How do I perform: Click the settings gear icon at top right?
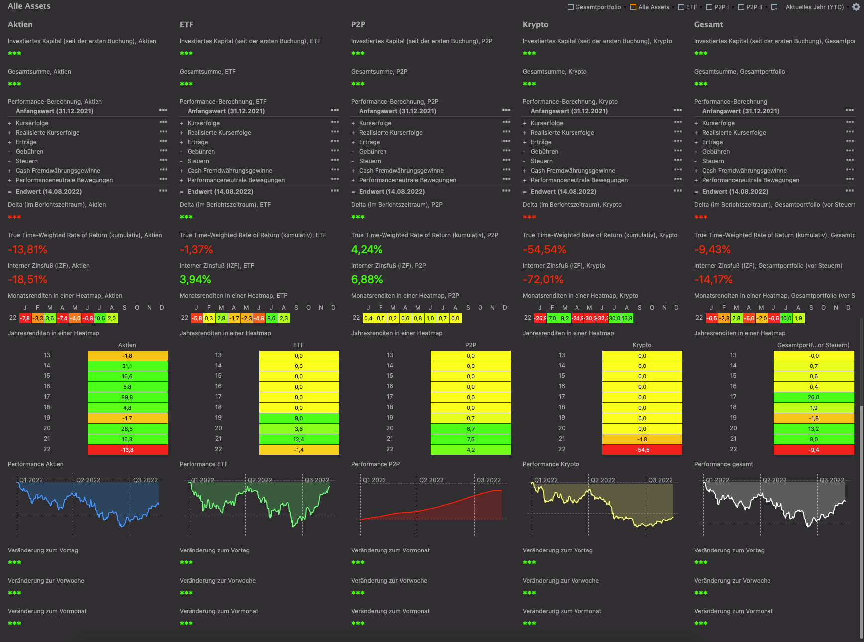tap(856, 7)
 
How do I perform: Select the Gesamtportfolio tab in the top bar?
tap(597, 7)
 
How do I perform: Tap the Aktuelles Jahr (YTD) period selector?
tap(814, 7)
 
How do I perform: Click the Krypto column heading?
tap(535, 25)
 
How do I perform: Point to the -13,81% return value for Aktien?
tap(28, 250)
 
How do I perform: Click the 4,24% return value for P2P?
tap(367, 250)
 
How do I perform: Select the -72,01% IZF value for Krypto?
tap(543, 280)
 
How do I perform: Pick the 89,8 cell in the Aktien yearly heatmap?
tap(127, 397)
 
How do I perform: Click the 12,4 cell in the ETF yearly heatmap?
tap(299, 439)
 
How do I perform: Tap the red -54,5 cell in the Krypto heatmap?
tap(642, 450)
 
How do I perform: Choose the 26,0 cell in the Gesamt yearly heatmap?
tap(814, 397)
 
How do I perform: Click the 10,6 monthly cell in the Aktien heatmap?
tap(100, 318)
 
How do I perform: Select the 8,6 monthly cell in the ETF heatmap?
tap(272, 318)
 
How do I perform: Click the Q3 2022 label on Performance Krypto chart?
tap(660, 480)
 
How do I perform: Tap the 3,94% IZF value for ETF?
tap(195, 280)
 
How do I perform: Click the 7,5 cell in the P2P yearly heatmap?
tap(471, 439)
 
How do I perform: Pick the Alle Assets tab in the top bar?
tap(653, 7)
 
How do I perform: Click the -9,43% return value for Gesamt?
tap(712, 250)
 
